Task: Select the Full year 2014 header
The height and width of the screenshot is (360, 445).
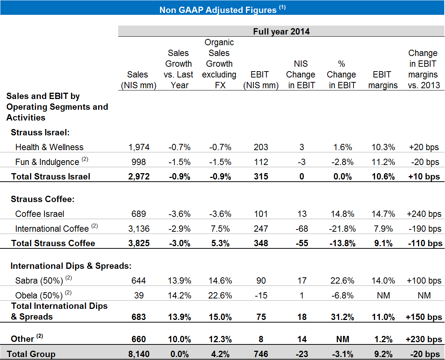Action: [281, 32]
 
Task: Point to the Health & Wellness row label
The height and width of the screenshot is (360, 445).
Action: [49, 147]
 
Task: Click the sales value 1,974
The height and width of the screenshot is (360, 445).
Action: [139, 147]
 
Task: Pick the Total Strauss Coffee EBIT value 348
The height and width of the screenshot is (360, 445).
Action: [261, 243]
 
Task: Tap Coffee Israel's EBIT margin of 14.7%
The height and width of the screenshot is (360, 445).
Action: [382, 214]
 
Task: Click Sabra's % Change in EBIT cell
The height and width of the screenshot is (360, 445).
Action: [341, 281]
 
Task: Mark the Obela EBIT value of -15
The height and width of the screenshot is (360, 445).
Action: [261, 295]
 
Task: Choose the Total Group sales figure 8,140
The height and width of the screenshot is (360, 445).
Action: [139, 354]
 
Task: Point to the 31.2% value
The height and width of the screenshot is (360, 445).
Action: [341, 317]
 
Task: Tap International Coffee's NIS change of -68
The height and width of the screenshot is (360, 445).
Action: [301, 229]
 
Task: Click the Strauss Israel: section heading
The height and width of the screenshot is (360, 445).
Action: [40, 132]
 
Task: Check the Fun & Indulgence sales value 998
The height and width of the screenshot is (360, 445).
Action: [139, 162]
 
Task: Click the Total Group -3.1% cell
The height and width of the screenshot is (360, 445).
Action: [341, 354]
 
